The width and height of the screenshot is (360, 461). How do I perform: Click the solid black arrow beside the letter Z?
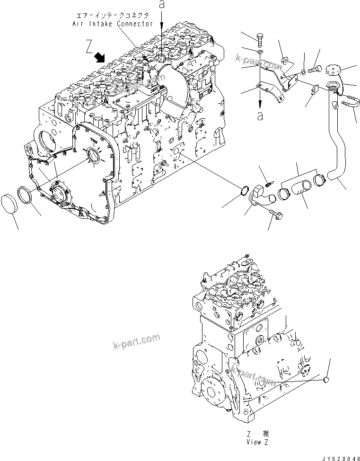100,58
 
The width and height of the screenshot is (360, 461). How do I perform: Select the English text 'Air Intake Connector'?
112,24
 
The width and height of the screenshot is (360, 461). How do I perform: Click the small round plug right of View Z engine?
326,380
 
